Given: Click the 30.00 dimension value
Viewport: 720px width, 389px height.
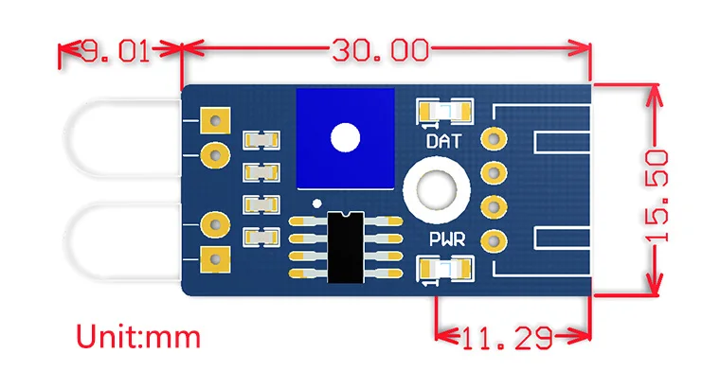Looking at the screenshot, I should coord(378,50).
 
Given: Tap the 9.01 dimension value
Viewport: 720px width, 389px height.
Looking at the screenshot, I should coord(116,50).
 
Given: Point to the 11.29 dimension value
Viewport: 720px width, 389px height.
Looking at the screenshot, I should coord(509,335).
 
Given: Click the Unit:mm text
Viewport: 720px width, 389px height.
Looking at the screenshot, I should coord(138,335).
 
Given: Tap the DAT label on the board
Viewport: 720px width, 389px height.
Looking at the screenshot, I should coord(443,142).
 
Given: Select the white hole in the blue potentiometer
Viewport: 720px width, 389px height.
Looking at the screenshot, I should coord(345,137).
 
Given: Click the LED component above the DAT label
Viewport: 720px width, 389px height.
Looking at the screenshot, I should coord(444,113).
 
